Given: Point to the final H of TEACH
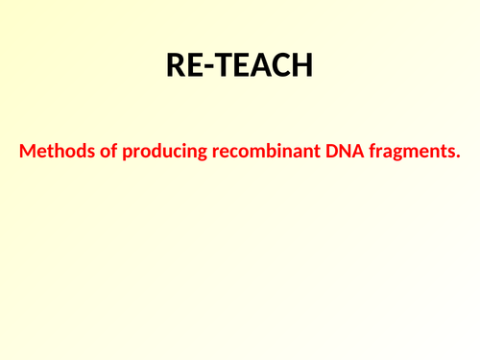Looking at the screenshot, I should click(300, 65).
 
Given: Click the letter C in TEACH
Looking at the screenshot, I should click(277, 65).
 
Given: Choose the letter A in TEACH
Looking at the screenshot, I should click(256, 65).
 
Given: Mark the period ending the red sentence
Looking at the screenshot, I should click(458, 156).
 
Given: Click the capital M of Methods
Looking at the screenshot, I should click(28, 151).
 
